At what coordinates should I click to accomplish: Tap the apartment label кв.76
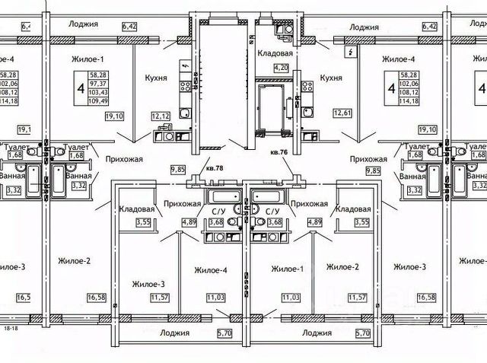click(x=279, y=151)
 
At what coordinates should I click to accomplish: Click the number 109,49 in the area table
click(x=97, y=101)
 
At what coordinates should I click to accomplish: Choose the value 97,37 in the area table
click(x=97, y=84)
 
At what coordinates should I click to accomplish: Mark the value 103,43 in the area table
click(x=97, y=93)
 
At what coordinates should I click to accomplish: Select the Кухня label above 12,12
click(x=155, y=77)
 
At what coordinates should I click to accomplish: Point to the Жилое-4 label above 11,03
click(x=211, y=269)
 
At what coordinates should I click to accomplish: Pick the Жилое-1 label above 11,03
click(x=287, y=269)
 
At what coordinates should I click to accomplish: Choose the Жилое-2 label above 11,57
click(x=342, y=267)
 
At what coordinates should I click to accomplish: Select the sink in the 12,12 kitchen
click(x=185, y=115)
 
